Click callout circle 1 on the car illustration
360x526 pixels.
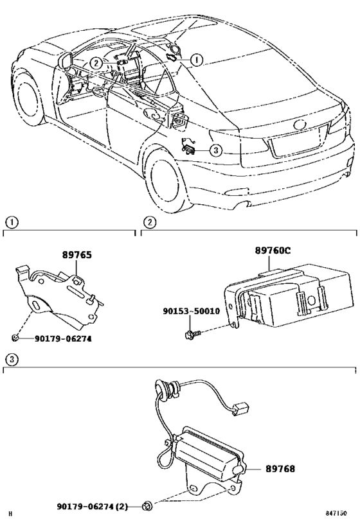196,60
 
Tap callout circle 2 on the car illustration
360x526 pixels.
95,62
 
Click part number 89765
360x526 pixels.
77,255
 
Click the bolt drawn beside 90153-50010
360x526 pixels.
192,333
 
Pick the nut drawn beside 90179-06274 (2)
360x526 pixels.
147,506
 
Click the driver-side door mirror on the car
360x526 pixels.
65,61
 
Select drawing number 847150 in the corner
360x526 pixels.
339,514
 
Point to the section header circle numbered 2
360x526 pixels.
148,223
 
